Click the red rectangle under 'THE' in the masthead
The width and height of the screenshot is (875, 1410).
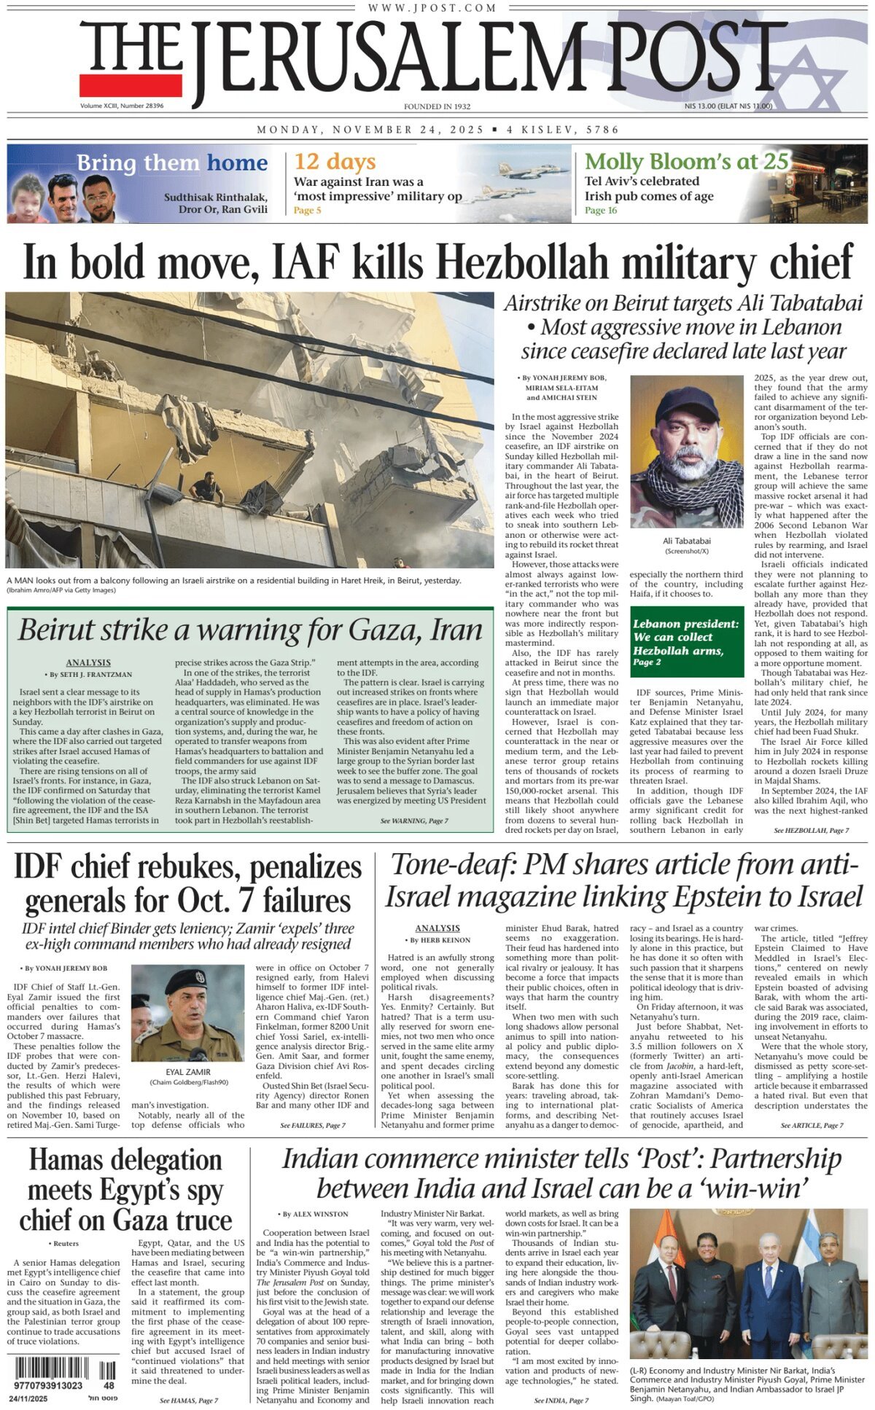[131, 85]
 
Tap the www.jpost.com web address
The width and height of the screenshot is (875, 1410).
[432, 8]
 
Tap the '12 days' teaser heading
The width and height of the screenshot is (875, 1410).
[335, 161]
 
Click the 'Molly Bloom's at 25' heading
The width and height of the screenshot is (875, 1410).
[686, 161]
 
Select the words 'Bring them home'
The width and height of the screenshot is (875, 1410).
[172, 162]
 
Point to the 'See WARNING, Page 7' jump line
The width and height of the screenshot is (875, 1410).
[414, 821]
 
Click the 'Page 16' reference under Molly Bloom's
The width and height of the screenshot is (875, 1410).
[601, 211]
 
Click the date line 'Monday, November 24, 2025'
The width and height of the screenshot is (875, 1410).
[370, 130]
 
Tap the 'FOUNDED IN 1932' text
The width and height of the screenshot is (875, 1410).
[437, 106]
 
